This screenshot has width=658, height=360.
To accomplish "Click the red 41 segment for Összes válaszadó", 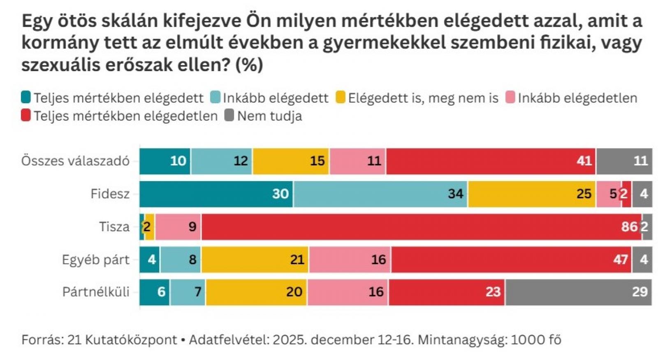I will tap(491, 161).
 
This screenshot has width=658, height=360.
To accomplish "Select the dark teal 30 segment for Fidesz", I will tap(216, 194).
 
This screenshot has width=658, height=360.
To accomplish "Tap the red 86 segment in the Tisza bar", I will tap(421, 227).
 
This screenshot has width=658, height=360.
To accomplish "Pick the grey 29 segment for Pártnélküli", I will tap(579, 292).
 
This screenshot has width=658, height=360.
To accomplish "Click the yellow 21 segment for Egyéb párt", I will tap(255, 260).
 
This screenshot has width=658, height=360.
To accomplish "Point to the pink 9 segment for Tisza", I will tap(178, 227).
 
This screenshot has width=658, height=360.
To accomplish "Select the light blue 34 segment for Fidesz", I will tap(380, 194).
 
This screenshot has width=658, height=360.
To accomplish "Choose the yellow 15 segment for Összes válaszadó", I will tap(291, 161).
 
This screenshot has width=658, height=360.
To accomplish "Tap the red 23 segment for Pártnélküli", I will tap(447, 292).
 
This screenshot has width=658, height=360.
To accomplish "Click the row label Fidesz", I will tap(110, 194).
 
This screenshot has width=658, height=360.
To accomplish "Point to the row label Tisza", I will tap(114, 227).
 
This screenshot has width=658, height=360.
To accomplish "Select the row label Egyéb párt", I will tap(95, 260).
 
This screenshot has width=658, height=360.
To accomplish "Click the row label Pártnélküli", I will tap(95, 292).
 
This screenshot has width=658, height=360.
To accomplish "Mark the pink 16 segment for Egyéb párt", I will tap(350, 260).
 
